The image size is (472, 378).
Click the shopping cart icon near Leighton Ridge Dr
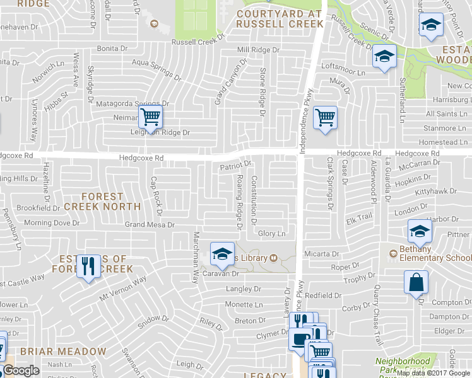(151, 117)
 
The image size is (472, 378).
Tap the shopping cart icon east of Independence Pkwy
(325, 117)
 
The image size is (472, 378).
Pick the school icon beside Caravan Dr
(221, 254)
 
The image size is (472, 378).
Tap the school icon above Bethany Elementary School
(420, 231)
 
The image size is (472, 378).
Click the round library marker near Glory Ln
(274, 257)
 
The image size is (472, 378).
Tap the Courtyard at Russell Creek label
(280, 18)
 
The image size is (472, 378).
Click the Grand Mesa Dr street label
(150, 224)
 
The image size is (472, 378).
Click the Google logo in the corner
(20, 370)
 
